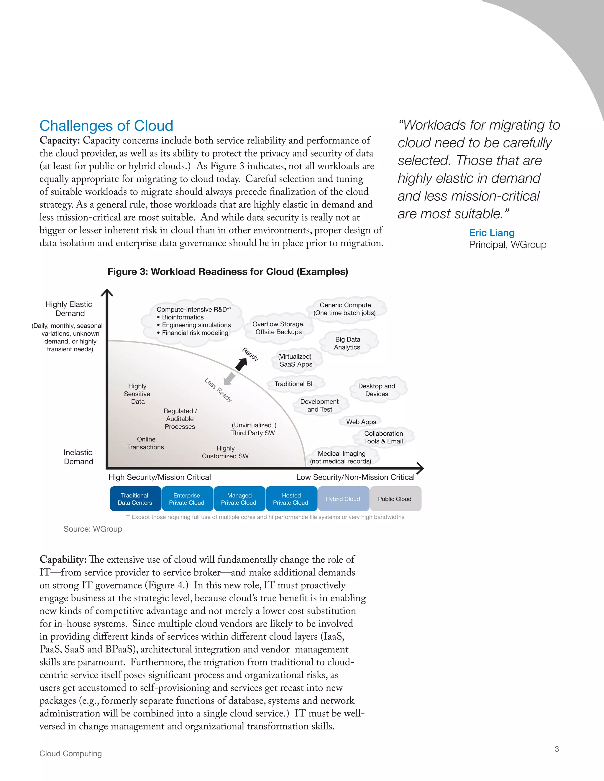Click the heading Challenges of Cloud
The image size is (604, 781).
106,126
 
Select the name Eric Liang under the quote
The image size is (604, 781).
492,233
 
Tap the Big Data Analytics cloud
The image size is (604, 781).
347,343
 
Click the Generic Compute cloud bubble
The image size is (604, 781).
345,309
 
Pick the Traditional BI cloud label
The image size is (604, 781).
293,384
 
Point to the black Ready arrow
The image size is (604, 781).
242,364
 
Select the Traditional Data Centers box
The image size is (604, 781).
135,499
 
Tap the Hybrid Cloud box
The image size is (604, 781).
343,499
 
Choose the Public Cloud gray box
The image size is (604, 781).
395,499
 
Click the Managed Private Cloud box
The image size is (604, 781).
239,499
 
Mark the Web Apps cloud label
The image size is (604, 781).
361,422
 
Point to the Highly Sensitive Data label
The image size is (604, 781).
137,394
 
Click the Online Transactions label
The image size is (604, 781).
146,443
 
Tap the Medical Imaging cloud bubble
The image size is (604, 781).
341,457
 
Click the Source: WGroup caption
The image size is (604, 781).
93,529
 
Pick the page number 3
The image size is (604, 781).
557,749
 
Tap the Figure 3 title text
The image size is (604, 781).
228,272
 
